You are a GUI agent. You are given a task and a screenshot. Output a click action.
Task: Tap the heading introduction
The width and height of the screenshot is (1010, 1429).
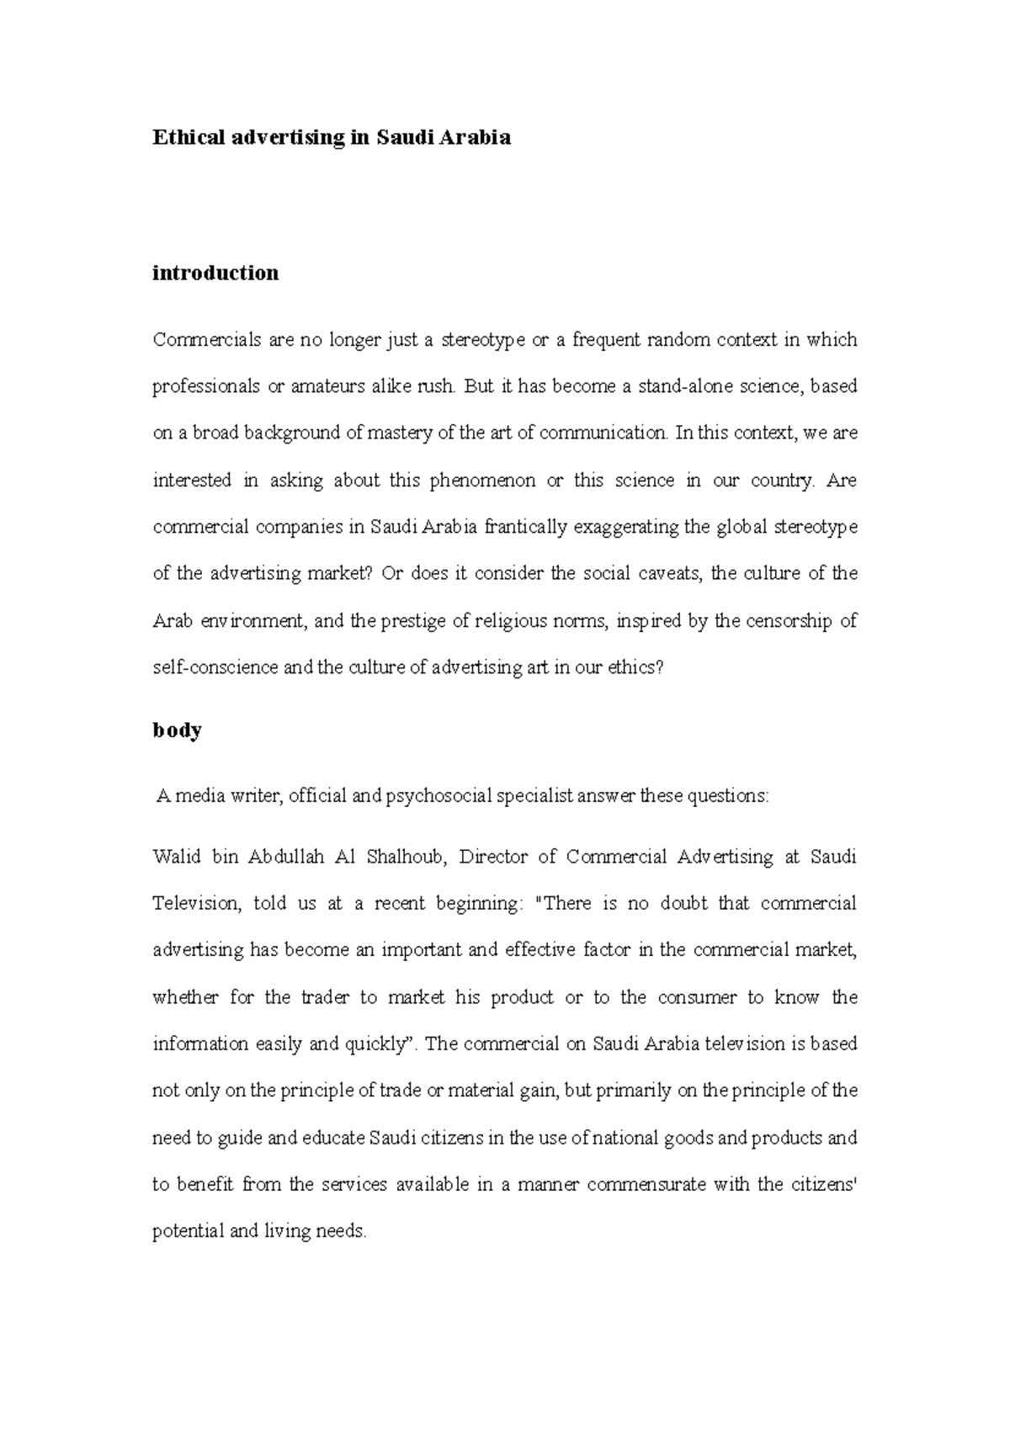215,273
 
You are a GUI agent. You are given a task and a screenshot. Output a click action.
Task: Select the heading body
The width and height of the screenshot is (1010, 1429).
177,730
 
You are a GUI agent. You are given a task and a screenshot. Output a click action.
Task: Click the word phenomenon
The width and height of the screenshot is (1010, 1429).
482,481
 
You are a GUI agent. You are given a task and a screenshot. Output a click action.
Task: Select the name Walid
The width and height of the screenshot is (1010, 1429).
177,857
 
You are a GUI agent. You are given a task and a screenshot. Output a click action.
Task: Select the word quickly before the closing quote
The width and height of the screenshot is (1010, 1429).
375,1044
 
